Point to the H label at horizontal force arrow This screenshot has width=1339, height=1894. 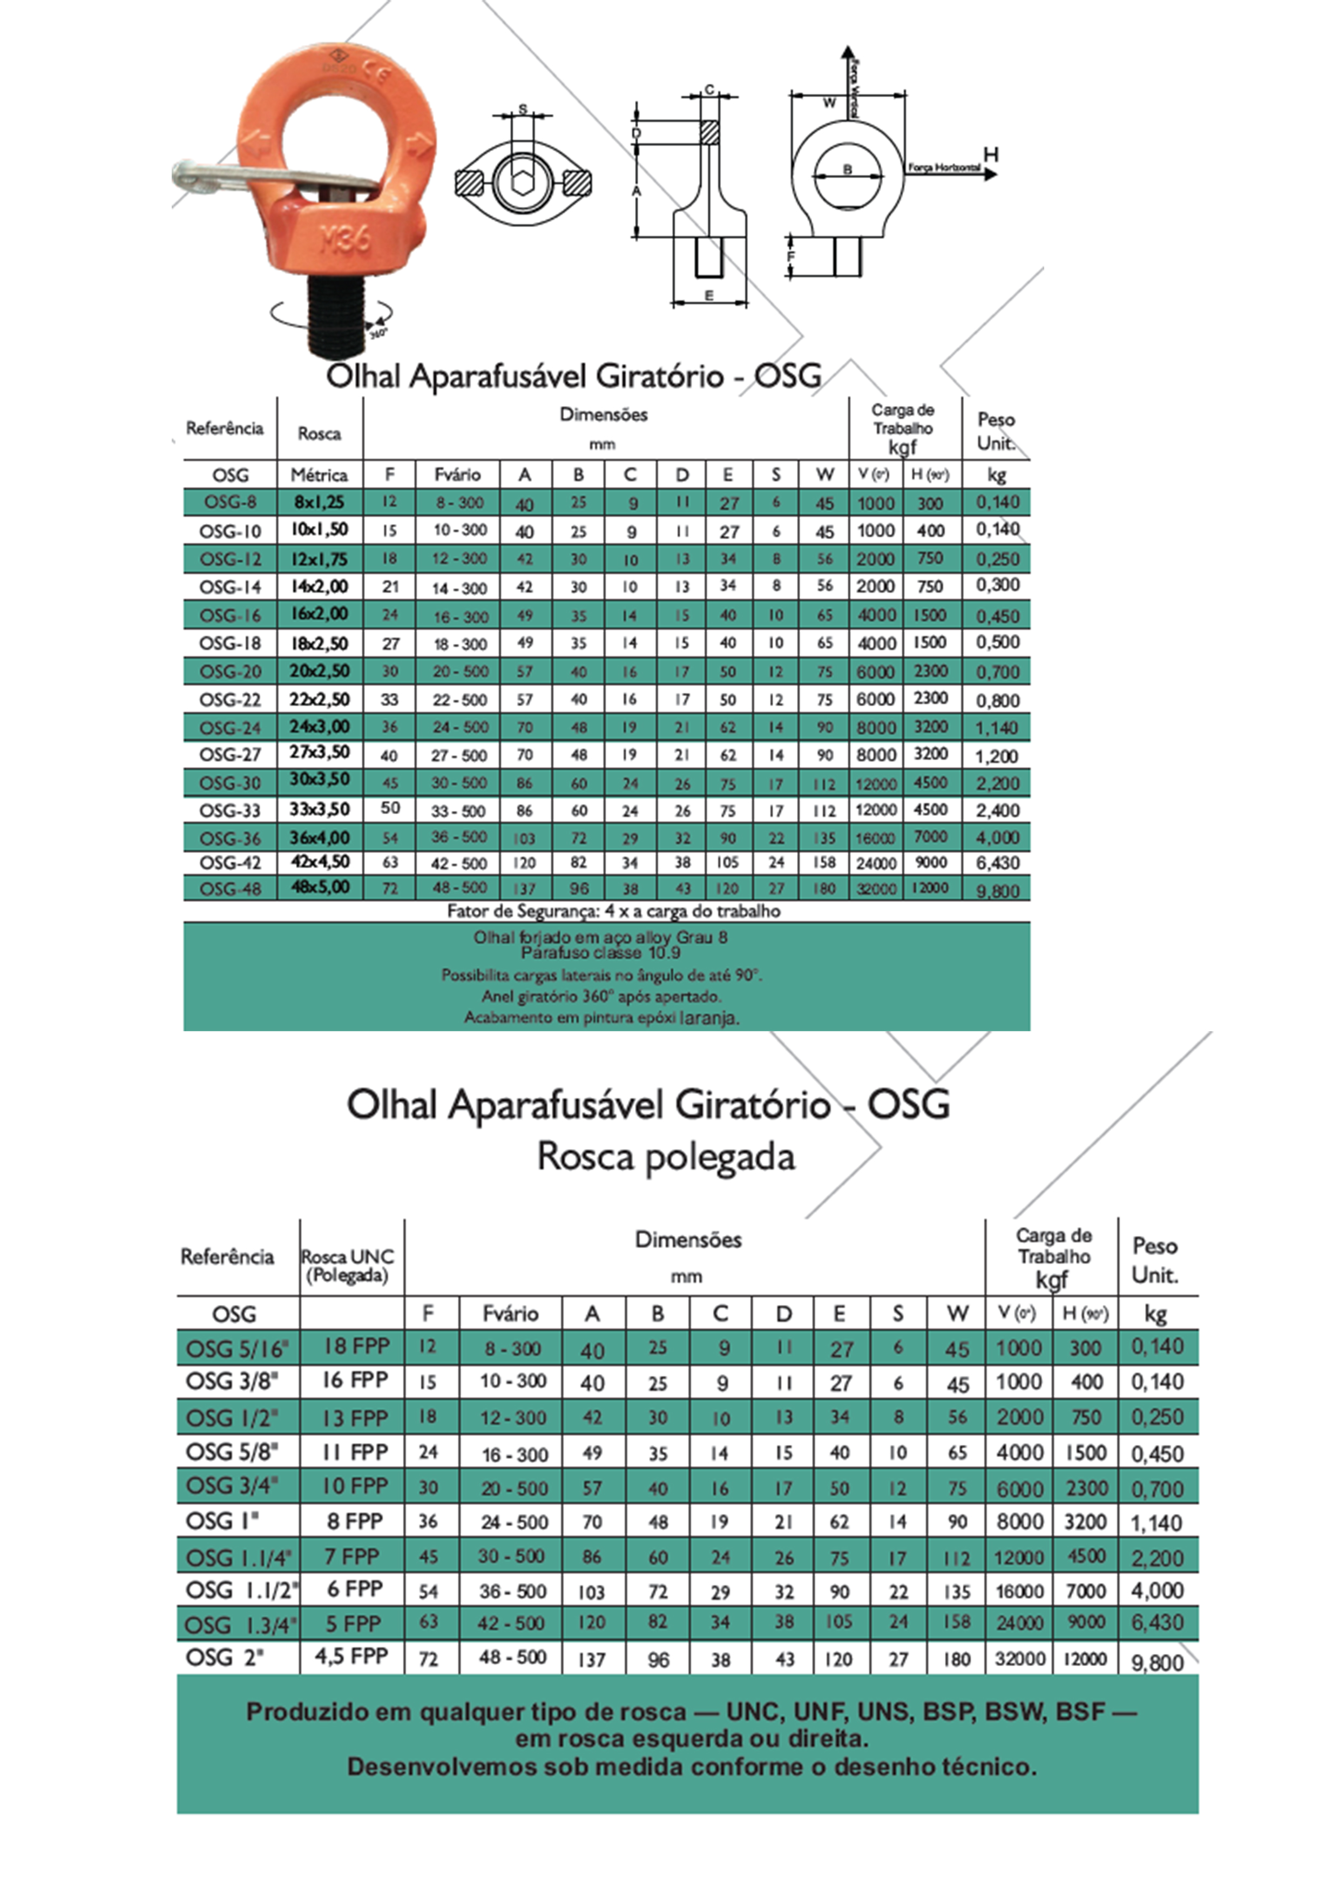point(991,154)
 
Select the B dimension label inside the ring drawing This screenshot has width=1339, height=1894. point(847,170)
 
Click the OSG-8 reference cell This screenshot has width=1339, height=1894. point(230,502)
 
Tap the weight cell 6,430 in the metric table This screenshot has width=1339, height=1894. point(997,863)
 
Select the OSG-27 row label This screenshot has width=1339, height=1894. point(230,755)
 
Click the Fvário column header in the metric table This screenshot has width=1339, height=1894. point(458,475)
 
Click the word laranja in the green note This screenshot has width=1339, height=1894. point(709,1018)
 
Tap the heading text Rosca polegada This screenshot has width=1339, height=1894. point(666,1156)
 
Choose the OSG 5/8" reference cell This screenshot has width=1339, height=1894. point(232,1451)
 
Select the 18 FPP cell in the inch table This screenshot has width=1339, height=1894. point(356,1346)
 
